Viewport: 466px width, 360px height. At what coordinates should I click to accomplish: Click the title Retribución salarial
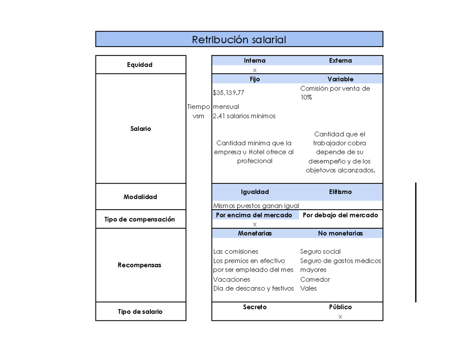click(x=239, y=40)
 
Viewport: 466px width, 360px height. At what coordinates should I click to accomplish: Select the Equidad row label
click(x=141, y=65)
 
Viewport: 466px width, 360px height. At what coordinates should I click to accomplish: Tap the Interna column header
click(x=255, y=61)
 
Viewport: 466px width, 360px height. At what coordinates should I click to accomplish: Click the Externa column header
click(x=340, y=61)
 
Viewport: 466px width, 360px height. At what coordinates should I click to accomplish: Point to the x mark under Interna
click(x=255, y=70)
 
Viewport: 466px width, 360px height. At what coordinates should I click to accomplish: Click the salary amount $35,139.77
click(x=229, y=93)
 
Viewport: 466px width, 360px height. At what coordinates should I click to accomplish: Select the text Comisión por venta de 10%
click(x=335, y=93)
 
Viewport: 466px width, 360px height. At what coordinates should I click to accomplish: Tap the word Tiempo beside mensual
click(x=198, y=107)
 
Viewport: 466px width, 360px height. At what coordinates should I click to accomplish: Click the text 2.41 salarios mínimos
click(x=244, y=116)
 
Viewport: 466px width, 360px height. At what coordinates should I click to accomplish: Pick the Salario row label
click(x=141, y=129)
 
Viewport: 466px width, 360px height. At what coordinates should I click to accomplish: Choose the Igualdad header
click(x=255, y=192)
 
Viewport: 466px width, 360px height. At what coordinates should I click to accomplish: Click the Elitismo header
click(x=340, y=192)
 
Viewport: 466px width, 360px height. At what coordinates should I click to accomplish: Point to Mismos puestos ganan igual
click(x=256, y=206)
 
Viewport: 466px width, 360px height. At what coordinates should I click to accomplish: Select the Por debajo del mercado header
click(x=340, y=215)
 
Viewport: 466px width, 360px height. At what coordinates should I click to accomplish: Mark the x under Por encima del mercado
click(x=255, y=224)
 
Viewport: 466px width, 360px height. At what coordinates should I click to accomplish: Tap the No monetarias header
click(x=340, y=233)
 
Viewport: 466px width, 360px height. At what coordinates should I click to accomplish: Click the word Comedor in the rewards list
click(x=315, y=280)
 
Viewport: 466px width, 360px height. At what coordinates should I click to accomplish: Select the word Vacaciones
click(x=232, y=280)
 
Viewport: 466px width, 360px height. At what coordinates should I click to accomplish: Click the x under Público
click(x=340, y=317)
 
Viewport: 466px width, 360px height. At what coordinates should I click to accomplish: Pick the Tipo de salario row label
click(x=141, y=312)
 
